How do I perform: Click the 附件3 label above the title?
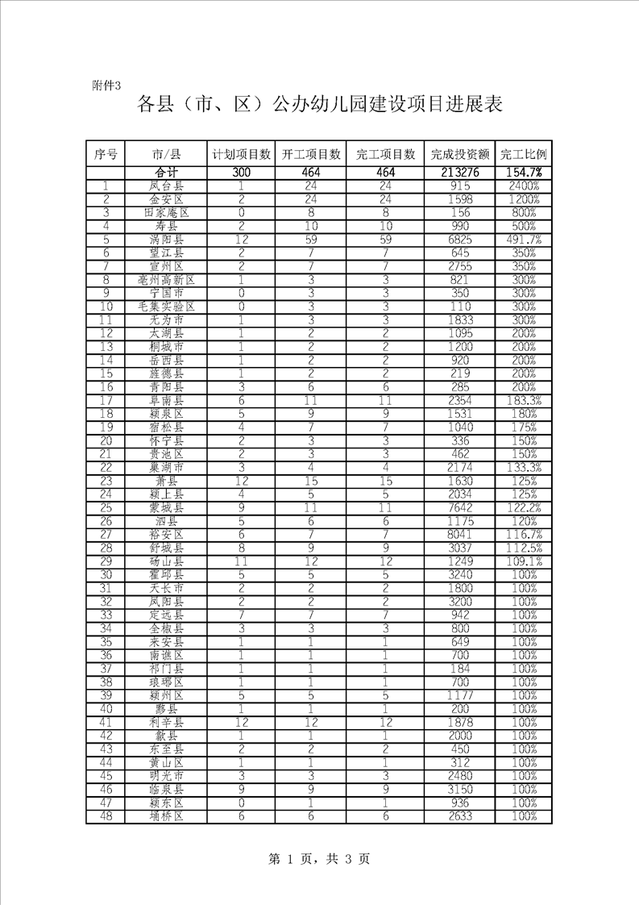(x=106, y=85)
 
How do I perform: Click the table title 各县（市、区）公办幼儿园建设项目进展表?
(x=320, y=105)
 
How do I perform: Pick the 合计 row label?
(x=167, y=173)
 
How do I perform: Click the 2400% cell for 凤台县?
(x=524, y=186)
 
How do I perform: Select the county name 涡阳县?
(x=167, y=240)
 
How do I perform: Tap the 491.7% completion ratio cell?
(x=524, y=240)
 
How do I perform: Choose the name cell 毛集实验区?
(x=167, y=307)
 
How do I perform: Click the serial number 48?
(x=106, y=815)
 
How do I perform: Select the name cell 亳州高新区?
(x=167, y=280)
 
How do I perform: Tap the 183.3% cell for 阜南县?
(x=524, y=400)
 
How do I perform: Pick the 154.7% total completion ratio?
(x=524, y=173)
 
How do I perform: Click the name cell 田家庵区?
(x=167, y=213)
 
